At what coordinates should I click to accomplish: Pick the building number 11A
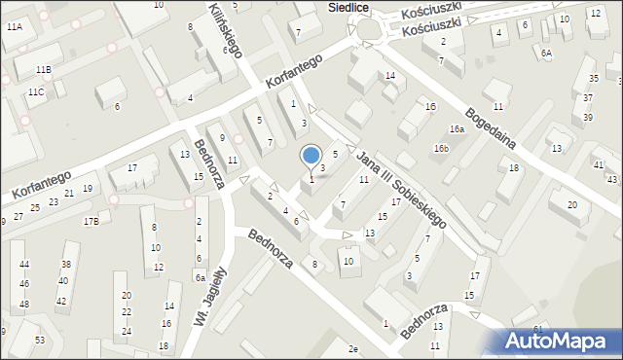tap(14, 28)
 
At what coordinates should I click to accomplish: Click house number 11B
tap(43, 70)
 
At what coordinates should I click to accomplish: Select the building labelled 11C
tap(35, 92)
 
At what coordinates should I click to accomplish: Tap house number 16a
tap(456, 129)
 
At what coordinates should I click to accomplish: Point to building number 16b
tap(441, 149)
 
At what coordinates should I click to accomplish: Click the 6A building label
tap(546, 54)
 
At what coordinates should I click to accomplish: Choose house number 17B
tap(91, 222)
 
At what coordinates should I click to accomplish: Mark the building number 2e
tap(353, 348)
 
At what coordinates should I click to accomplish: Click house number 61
tap(538, 330)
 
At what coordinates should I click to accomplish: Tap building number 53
tap(40, 340)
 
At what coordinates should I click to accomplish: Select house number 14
tap(389, 76)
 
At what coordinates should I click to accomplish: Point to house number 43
tap(611, 180)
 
